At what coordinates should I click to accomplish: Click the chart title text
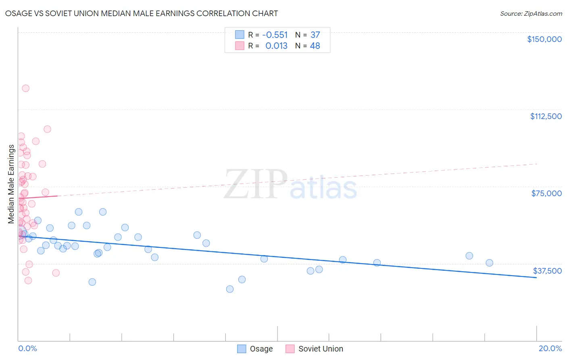(142, 13)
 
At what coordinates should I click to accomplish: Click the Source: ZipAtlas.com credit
(531, 13)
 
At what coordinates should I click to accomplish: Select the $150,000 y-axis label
(544, 39)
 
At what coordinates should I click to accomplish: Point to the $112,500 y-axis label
(546, 116)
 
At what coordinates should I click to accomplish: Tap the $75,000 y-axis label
(546, 193)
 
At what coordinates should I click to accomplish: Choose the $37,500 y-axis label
(547, 271)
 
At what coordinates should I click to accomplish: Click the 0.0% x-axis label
(27, 348)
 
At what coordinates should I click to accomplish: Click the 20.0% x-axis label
(550, 348)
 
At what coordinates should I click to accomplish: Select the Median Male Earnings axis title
(11, 184)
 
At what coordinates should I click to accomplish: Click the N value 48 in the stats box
(315, 46)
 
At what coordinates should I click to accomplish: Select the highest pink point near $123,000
(25, 88)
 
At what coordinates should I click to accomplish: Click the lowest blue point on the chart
(230, 289)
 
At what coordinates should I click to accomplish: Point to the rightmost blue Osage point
(490, 263)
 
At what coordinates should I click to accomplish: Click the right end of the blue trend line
(536, 278)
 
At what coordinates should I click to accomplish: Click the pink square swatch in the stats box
(240, 46)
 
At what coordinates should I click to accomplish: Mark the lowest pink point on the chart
(28, 280)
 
